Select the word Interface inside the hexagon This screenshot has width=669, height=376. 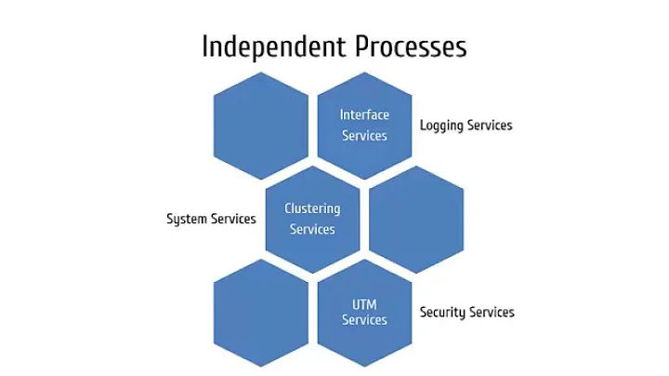364,115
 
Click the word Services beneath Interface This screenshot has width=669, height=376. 364,136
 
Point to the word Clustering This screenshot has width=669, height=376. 312,208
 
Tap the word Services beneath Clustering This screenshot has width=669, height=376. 312,229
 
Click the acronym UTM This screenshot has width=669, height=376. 364,303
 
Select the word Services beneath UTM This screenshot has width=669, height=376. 364,320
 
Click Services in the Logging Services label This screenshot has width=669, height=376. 491,125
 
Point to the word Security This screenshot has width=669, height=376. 442,313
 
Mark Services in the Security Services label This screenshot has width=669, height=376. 492,312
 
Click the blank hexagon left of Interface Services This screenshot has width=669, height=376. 260,126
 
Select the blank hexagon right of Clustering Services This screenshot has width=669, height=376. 416,220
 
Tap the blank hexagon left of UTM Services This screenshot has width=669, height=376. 260,313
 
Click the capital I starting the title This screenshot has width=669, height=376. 206,46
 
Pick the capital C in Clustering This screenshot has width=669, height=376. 289,208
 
